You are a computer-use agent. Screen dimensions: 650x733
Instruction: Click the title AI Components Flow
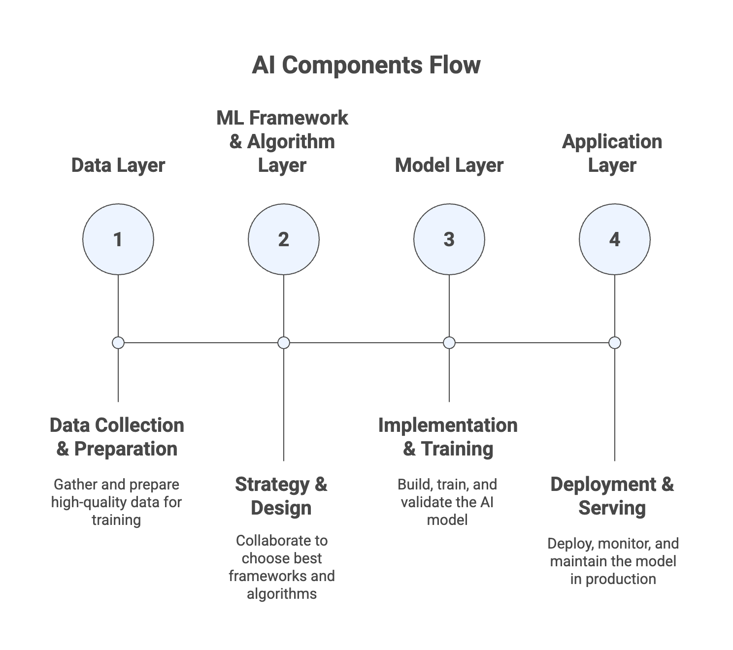coord(366,65)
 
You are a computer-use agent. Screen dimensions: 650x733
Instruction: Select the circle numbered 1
coord(118,239)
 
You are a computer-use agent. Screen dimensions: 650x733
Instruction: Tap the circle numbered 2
coord(284,239)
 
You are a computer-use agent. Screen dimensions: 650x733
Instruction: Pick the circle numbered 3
coord(449,239)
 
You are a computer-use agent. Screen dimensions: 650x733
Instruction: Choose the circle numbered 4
coord(615,239)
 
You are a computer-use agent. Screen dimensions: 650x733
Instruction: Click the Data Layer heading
coord(118,165)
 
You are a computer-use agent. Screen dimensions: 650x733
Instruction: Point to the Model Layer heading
coord(449,165)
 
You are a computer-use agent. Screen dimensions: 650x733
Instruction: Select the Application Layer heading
coord(612,153)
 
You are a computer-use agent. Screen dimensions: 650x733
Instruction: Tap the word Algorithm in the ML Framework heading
coord(291,141)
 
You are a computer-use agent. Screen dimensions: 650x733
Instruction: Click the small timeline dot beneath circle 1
coord(118,343)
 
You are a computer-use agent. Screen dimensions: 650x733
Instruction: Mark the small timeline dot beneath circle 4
coord(615,343)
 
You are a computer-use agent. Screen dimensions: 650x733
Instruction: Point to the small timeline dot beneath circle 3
coord(449,343)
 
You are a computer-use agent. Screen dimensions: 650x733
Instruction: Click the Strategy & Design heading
coord(281,496)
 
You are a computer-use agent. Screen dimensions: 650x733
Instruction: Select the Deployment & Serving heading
coord(612,496)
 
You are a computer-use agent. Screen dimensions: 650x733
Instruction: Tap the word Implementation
coord(448,425)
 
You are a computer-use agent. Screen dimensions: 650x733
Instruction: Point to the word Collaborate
coord(281,541)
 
